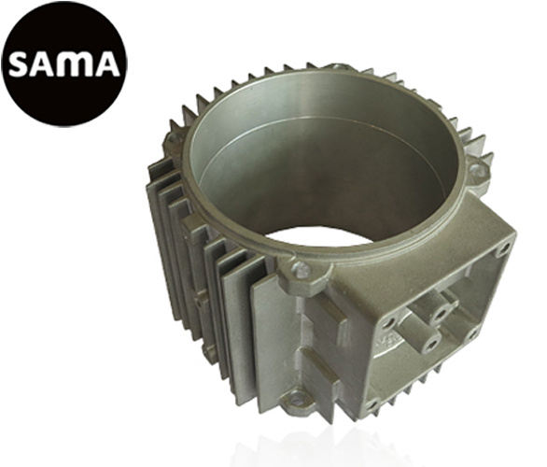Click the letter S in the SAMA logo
coord(21,64)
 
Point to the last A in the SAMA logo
coord(104,64)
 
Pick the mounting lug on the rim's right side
coord(477,171)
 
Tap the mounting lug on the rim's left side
coord(174,139)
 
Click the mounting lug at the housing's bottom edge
coord(299,401)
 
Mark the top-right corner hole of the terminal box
coord(503,249)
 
